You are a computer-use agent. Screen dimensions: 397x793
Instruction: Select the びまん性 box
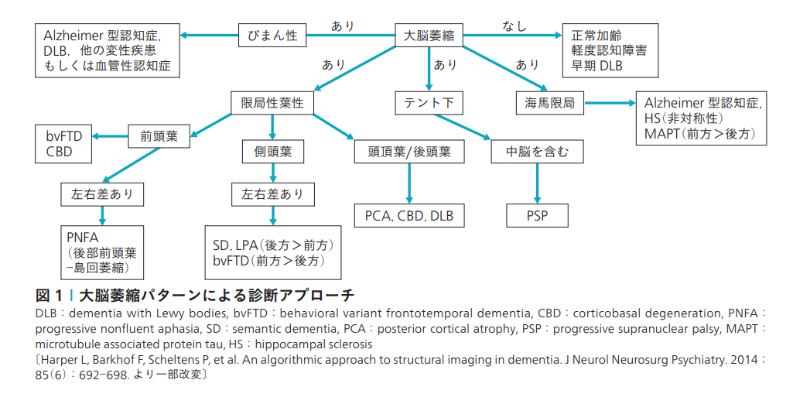coord(272,35)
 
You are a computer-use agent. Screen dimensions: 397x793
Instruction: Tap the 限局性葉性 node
coord(272,103)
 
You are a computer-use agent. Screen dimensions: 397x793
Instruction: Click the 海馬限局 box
coord(550,103)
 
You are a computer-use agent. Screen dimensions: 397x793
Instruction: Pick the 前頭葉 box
coord(159,136)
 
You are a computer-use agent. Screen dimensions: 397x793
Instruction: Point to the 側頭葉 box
coord(272,151)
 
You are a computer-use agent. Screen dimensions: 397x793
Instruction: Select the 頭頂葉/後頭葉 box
coord(409,151)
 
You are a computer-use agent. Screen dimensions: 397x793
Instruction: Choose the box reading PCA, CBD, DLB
coord(409,215)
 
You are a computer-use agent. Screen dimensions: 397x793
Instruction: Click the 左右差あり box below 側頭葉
coord(272,193)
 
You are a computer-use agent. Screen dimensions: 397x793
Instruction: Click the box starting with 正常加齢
coord(610,51)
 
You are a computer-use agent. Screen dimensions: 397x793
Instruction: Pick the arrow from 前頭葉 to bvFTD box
coord(111,137)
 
